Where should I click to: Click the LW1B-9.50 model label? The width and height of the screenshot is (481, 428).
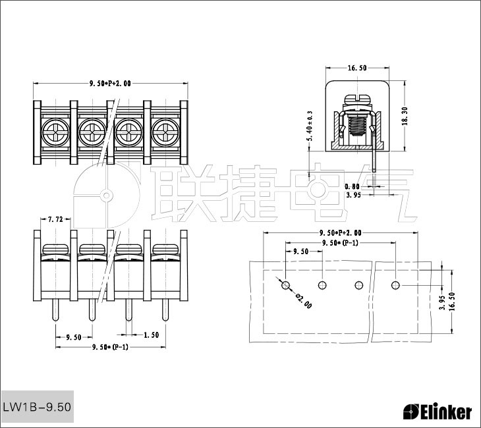37,408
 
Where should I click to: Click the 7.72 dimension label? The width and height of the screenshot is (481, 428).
55,219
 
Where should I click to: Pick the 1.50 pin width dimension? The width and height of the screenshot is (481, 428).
150,334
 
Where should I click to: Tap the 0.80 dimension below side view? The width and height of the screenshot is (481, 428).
353,186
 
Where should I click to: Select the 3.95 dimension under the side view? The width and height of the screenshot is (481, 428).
353,195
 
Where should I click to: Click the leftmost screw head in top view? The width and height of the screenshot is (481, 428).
53,134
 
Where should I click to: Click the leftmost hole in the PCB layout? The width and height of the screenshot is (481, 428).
285,285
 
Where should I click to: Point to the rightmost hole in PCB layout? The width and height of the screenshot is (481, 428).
395,285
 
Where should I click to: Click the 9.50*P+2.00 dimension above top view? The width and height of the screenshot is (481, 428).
109,84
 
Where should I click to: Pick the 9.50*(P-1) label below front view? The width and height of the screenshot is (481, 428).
109,346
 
